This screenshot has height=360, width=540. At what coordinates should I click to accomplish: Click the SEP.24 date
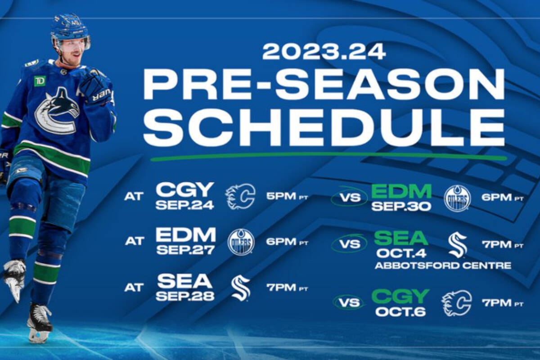tap(184, 206)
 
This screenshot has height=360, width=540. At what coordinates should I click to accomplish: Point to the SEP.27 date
tap(185, 250)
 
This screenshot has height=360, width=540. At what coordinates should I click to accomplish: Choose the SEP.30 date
tap(401, 207)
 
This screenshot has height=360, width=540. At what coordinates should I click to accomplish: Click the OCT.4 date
tap(401, 253)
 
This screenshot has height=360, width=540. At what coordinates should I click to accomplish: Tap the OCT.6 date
tap(400, 312)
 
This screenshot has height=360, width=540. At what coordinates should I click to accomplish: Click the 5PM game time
tap(281, 196)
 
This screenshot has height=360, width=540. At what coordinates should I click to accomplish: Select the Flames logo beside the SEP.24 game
tap(240, 197)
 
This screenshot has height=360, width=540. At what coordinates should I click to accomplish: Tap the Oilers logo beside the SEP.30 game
tap(457, 198)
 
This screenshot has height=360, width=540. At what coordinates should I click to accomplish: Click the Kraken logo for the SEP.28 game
tap(240, 288)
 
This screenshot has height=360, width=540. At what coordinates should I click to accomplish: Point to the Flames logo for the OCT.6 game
tap(457, 303)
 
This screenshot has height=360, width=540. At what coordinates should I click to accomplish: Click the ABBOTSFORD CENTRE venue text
tap(443, 265)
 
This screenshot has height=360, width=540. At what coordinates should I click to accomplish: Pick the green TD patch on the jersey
tap(40, 81)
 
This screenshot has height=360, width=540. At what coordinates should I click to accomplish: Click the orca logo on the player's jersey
tap(57, 112)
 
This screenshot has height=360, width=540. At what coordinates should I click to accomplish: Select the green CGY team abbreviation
tap(400, 297)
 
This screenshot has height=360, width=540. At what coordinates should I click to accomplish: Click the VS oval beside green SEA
tap(349, 244)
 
